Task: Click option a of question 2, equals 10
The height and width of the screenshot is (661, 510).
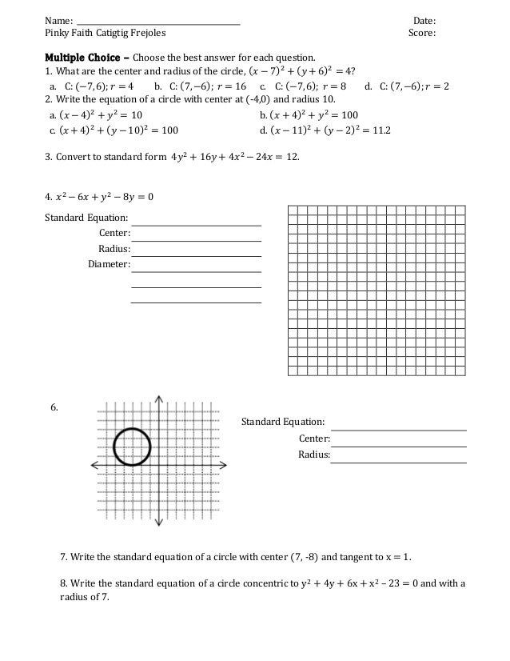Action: tap(95, 115)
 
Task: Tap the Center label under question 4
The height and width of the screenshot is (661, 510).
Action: tap(114, 232)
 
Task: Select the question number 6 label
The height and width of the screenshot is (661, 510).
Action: tap(54, 408)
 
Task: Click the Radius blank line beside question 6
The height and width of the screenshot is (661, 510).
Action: tap(399, 462)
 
